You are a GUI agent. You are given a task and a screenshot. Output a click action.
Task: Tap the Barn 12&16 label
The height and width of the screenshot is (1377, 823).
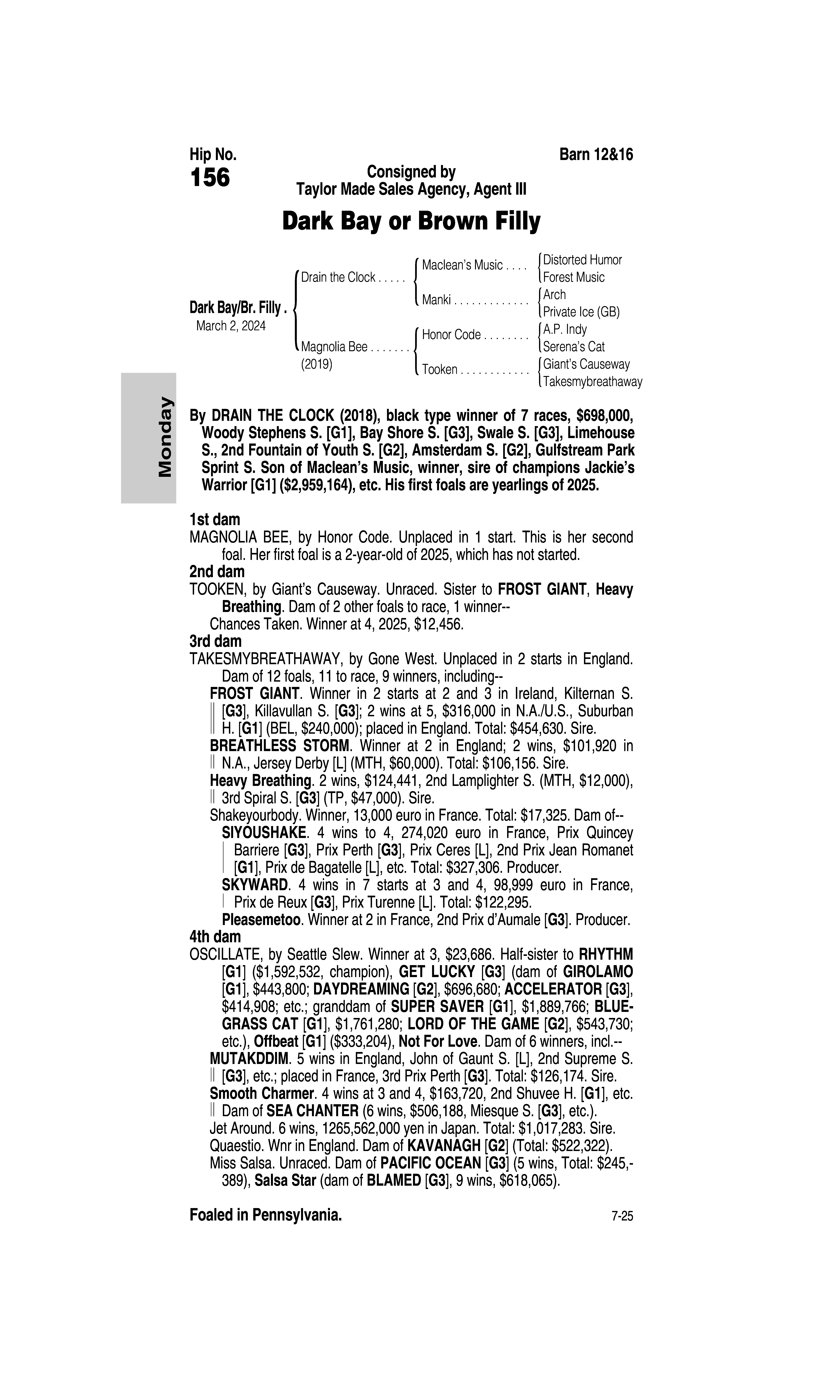(x=596, y=155)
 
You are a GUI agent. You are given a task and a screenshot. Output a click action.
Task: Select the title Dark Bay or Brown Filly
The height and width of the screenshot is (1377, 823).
(x=411, y=221)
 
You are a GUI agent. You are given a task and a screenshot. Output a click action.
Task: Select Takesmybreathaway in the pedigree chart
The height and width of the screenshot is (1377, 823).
(x=592, y=382)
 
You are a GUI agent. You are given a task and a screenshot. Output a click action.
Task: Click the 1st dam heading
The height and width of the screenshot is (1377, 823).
(x=215, y=520)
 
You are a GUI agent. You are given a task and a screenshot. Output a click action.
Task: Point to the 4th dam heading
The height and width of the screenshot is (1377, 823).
(x=215, y=937)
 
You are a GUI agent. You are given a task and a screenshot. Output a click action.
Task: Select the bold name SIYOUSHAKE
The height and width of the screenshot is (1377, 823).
(x=264, y=833)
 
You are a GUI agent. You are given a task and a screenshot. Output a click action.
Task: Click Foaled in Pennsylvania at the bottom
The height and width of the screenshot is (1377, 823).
(x=266, y=1215)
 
